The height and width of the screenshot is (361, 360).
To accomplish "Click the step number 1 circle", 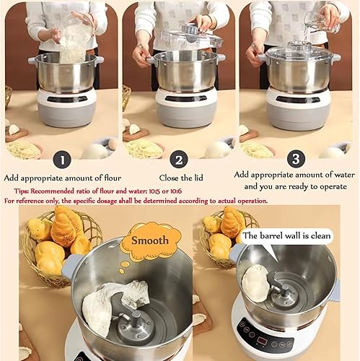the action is point(62,160).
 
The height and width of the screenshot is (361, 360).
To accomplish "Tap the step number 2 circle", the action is point(179,160).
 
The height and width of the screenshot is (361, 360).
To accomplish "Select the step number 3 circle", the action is point(296,159).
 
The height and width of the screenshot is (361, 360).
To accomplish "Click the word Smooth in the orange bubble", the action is point(150,240).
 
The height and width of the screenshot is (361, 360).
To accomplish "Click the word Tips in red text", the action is point(22,191).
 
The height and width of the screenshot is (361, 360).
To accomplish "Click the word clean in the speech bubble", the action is point(320,235).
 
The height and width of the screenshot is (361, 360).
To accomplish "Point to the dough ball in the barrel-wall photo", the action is point(255,283).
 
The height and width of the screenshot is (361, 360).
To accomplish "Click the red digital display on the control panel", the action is point(261,340).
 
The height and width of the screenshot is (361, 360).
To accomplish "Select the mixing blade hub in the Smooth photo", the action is point(136,323).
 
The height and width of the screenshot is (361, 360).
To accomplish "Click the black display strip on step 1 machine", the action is point(67,99).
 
